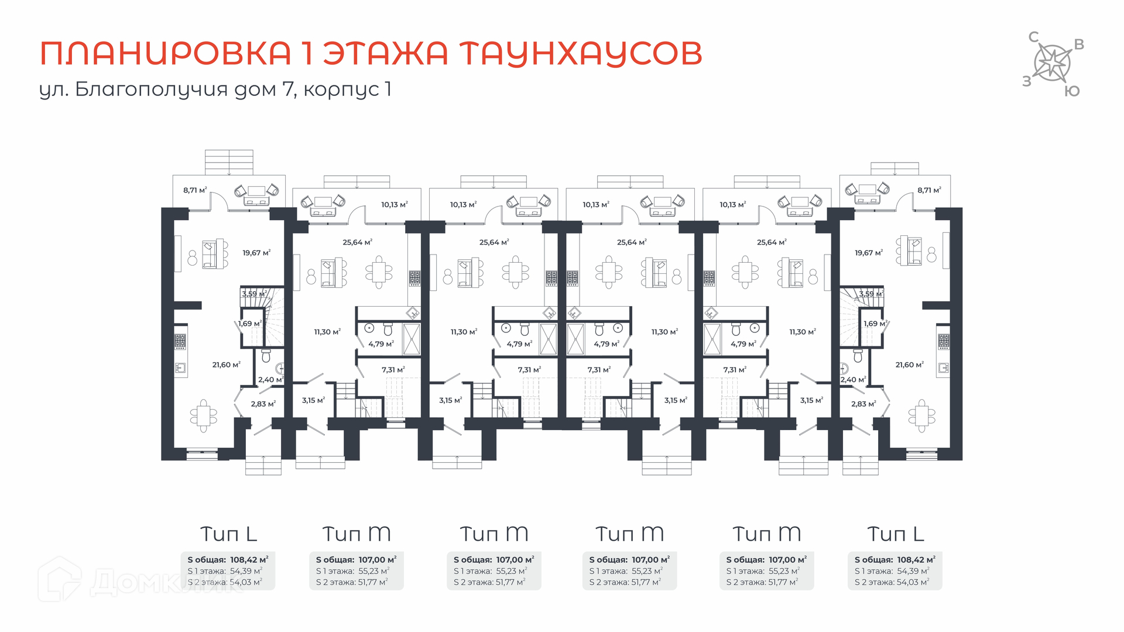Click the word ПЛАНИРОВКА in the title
point(165,53)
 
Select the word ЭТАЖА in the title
point(385,53)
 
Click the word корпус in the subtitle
point(341,90)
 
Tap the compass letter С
point(1034,37)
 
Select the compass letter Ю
point(1072,91)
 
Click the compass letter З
point(1026,81)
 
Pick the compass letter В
point(1079,44)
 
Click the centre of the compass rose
point(1053,63)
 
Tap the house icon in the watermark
point(59,579)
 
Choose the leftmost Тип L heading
point(228,534)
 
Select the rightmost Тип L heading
point(895,534)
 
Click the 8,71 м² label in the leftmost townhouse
point(195,190)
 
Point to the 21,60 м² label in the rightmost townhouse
point(909,365)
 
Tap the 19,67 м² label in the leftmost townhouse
point(256,253)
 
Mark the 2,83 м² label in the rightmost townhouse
point(863,404)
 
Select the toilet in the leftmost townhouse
point(266,355)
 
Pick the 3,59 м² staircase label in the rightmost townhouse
point(871,294)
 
